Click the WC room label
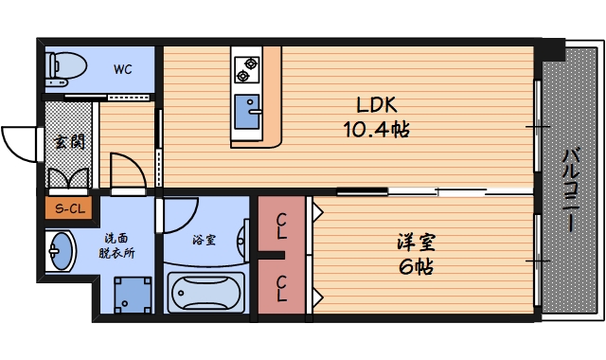pos(123,68)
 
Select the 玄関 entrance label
pos(67,143)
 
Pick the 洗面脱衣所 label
pos(118,245)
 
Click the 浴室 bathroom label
pos(204,240)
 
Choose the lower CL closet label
pos(282,287)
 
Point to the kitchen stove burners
pos(248,68)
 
